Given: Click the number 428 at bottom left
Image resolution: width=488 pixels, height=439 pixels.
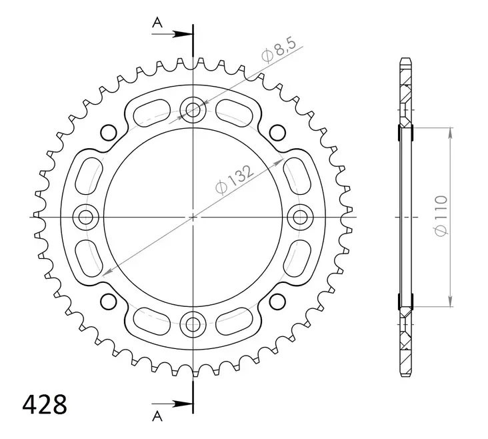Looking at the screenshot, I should click(44, 404).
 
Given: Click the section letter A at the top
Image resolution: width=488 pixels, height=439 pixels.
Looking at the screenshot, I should click(157, 23).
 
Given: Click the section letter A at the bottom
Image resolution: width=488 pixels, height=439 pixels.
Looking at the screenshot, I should click(157, 417).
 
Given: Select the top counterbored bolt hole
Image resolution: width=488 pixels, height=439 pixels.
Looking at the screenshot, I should click(193, 109).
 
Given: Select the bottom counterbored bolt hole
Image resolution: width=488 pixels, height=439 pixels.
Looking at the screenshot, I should click(193, 325).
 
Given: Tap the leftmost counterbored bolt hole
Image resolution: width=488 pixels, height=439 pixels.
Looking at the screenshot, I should click(85, 217).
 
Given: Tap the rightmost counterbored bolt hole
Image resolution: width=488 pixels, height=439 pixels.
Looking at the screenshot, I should click(301, 217).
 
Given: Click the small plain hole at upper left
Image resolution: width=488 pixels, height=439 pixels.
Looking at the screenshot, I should click(107, 130).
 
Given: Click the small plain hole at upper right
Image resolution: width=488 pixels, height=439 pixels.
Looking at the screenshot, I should click(280, 130).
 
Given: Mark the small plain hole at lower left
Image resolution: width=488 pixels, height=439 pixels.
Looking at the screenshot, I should click(107, 304).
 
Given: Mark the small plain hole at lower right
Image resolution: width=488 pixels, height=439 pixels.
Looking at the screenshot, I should click(280, 304).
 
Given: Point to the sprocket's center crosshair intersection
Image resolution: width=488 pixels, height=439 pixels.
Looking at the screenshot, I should click(193, 217).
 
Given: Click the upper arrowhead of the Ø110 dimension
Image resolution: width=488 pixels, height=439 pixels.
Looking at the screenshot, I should click(451, 134).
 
